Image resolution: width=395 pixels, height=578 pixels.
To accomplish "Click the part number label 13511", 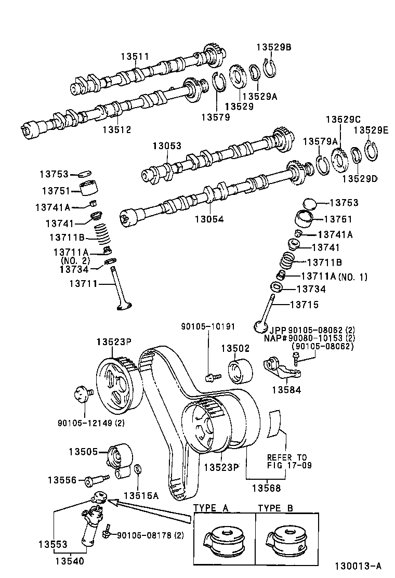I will [135, 56].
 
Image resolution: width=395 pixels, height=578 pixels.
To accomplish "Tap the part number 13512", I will [116, 129].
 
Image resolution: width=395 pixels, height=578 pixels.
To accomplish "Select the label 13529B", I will [274, 47].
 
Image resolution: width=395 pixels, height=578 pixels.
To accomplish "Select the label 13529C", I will [339, 120].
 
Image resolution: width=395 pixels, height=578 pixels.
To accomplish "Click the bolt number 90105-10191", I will [208, 327].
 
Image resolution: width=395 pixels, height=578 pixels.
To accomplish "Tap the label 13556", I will [62, 480].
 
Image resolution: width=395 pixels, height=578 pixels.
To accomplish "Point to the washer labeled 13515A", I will [137, 470].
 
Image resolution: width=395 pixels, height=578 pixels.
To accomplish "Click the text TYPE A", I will [211, 508].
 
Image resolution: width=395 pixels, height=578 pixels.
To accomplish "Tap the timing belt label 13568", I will [266, 488].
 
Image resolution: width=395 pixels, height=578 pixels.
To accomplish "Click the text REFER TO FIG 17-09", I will [289, 461].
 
